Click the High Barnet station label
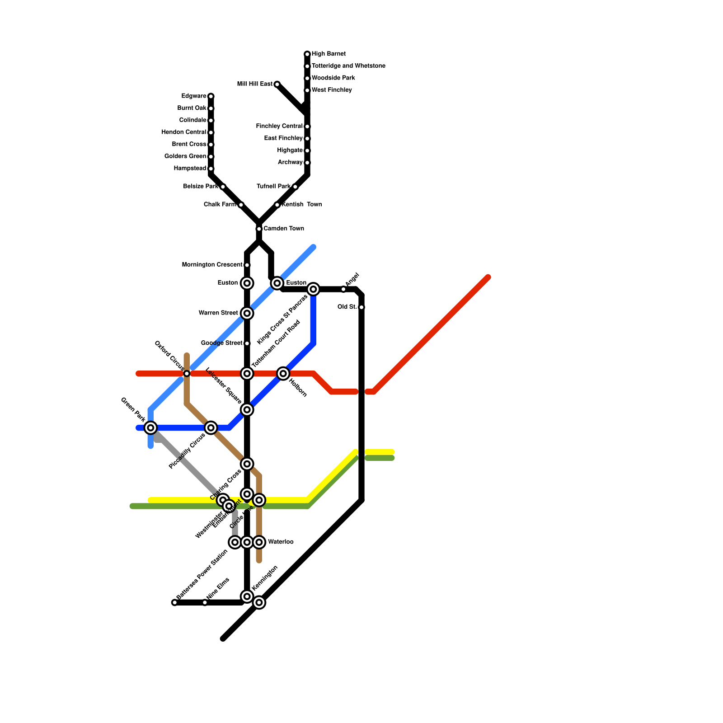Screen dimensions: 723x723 [x=329, y=54]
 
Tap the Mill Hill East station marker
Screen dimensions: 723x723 [x=277, y=85]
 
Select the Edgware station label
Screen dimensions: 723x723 [x=194, y=96]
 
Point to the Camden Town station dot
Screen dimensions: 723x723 [x=259, y=229]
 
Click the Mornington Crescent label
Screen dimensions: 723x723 [x=212, y=265]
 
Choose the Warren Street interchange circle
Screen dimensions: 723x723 [x=247, y=313]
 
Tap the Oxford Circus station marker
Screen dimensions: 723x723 [x=187, y=374]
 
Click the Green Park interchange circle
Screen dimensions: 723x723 [x=151, y=427]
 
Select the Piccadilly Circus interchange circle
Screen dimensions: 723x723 [x=211, y=427]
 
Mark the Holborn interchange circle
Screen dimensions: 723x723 [x=283, y=374]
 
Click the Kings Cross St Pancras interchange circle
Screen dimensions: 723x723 [x=313, y=289]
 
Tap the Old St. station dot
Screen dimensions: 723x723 [x=361, y=307]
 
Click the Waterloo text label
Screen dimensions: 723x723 [x=281, y=542]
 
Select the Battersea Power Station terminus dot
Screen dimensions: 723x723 [x=174, y=602]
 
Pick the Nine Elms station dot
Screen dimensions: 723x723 [x=205, y=602]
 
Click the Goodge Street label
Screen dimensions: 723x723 [x=221, y=343]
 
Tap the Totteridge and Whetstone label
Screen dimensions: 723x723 [x=348, y=66]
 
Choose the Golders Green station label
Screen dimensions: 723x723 [x=185, y=157]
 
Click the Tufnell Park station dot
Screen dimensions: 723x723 [x=295, y=187]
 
